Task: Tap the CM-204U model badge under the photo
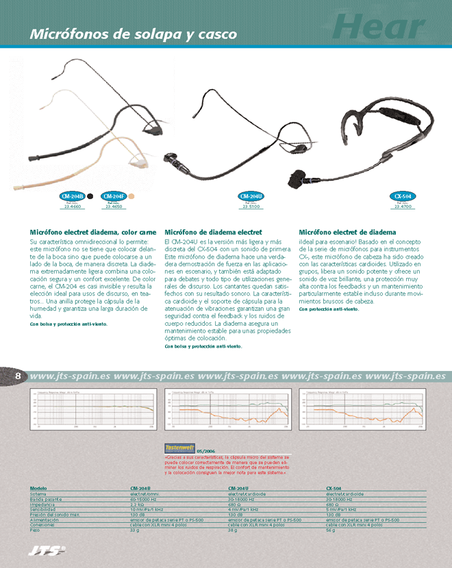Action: tap(252, 196)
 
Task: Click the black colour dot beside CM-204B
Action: tap(90, 196)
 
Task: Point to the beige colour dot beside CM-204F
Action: tap(131, 196)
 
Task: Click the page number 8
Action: tap(18, 376)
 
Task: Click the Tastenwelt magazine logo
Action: tap(180, 448)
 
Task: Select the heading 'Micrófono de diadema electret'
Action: tap(214, 233)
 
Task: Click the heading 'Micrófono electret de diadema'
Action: tap(348, 233)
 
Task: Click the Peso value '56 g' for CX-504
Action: tap(331, 530)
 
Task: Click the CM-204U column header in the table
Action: tap(238, 488)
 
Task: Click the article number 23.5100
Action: tap(252, 207)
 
